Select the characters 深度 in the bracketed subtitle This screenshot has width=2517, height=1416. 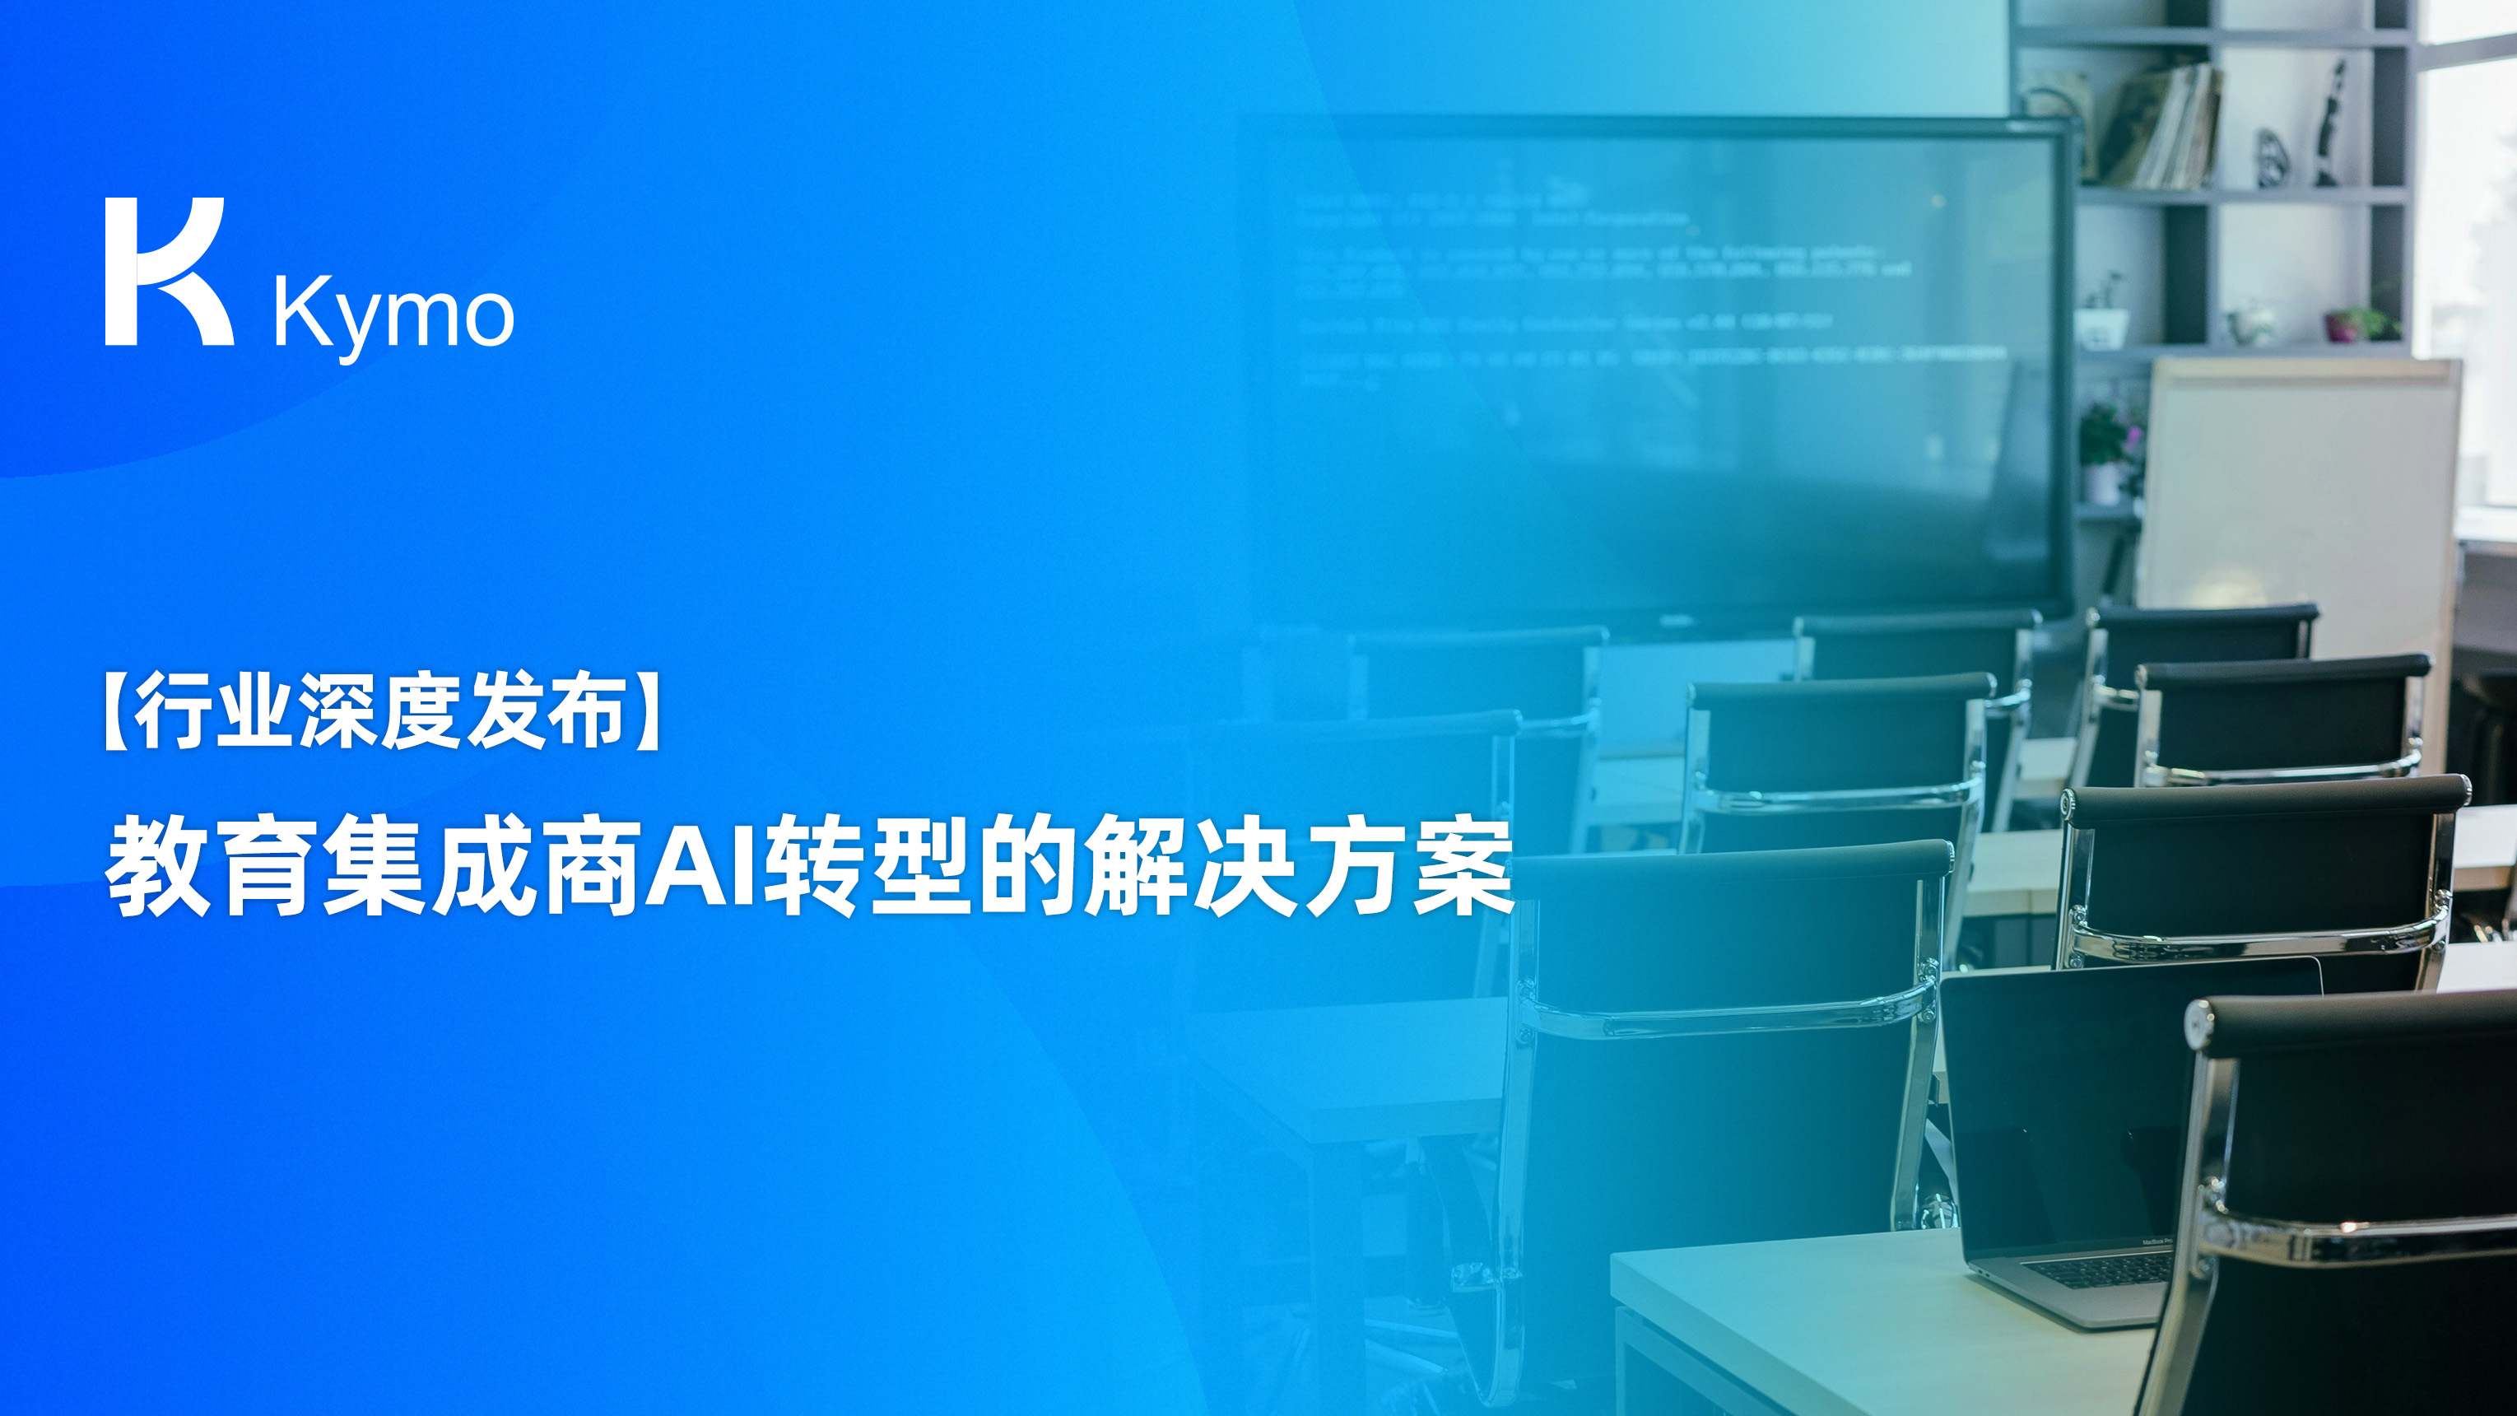pyautogui.click(x=379, y=711)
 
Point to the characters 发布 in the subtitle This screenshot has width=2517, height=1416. pyautogui.click(x=544, y=711)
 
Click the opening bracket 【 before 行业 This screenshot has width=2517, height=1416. pyautogui.click(x=116, y=711)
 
